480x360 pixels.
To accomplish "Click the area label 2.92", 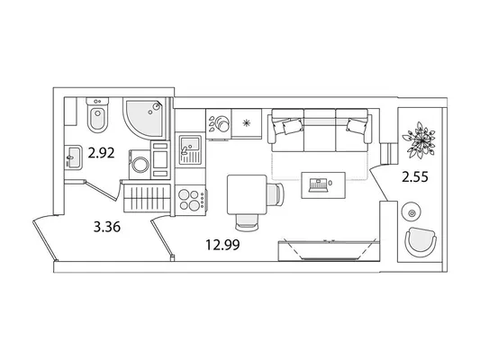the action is tap(101, 153).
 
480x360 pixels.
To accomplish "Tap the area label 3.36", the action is tap(107, 227).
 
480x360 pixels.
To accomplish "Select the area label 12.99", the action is tap(222, 245).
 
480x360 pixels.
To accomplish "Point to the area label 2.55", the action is tap(415, 176).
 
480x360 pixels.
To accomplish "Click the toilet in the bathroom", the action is tap(97, 115).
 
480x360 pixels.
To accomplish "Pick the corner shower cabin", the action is tap(144, 119).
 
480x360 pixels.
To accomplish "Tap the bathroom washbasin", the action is tap(73, 157).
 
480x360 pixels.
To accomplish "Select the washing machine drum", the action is tap(140, 165).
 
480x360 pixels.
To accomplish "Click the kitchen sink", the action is tap(190, 150).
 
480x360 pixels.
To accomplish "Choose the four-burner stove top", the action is tap(191, 200).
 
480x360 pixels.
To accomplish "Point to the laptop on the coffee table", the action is tap(319, 185).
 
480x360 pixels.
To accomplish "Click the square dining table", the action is tap(247, 194).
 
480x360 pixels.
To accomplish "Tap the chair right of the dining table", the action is tap(276, 194).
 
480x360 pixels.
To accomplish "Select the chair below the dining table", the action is tap(247, 222).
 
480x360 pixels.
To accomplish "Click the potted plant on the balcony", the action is tap(419, 139).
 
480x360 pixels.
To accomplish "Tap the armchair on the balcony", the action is tap(421, 241).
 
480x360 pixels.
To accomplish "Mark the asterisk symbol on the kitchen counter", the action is tap(247, 123).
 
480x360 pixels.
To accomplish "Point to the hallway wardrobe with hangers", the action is tap(147, 198).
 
